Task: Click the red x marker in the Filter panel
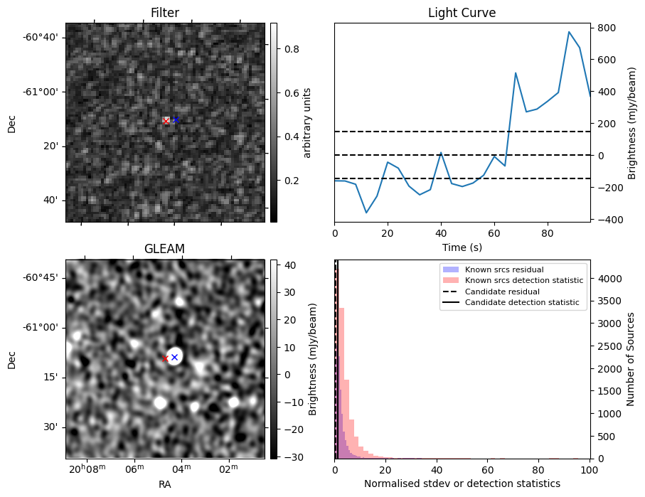tap(166, 121)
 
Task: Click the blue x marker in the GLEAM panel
tap(174, 357)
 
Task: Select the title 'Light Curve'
tap(462, 13)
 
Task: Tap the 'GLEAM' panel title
tap(164, 248)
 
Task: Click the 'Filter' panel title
tap(164, 13)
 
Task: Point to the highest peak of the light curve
tap(569, 32)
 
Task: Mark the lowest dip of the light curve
tap(367, 213)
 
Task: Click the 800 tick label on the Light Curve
tap(605, 28)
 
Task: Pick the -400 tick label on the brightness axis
tap(605, 220)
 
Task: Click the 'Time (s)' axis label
tap(462, 246)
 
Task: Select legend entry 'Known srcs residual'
tap(504, 269)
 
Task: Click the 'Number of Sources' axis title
tap(631, 358)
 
